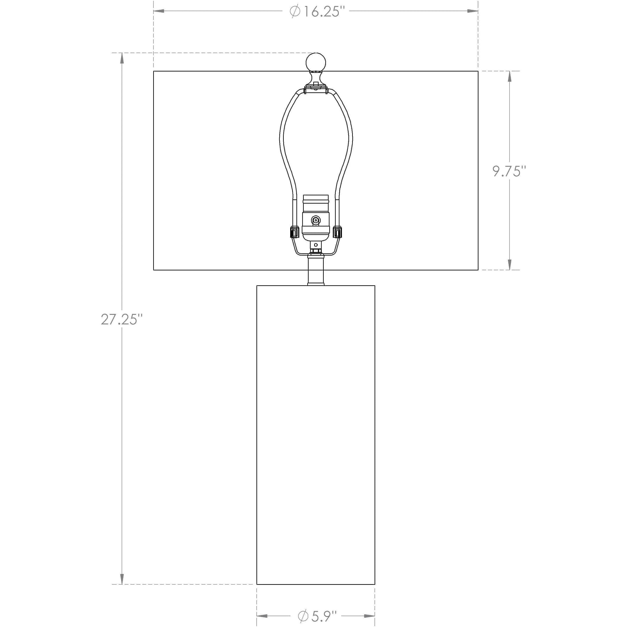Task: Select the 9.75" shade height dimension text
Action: [509, 171]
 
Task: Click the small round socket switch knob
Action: [315, 220]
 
